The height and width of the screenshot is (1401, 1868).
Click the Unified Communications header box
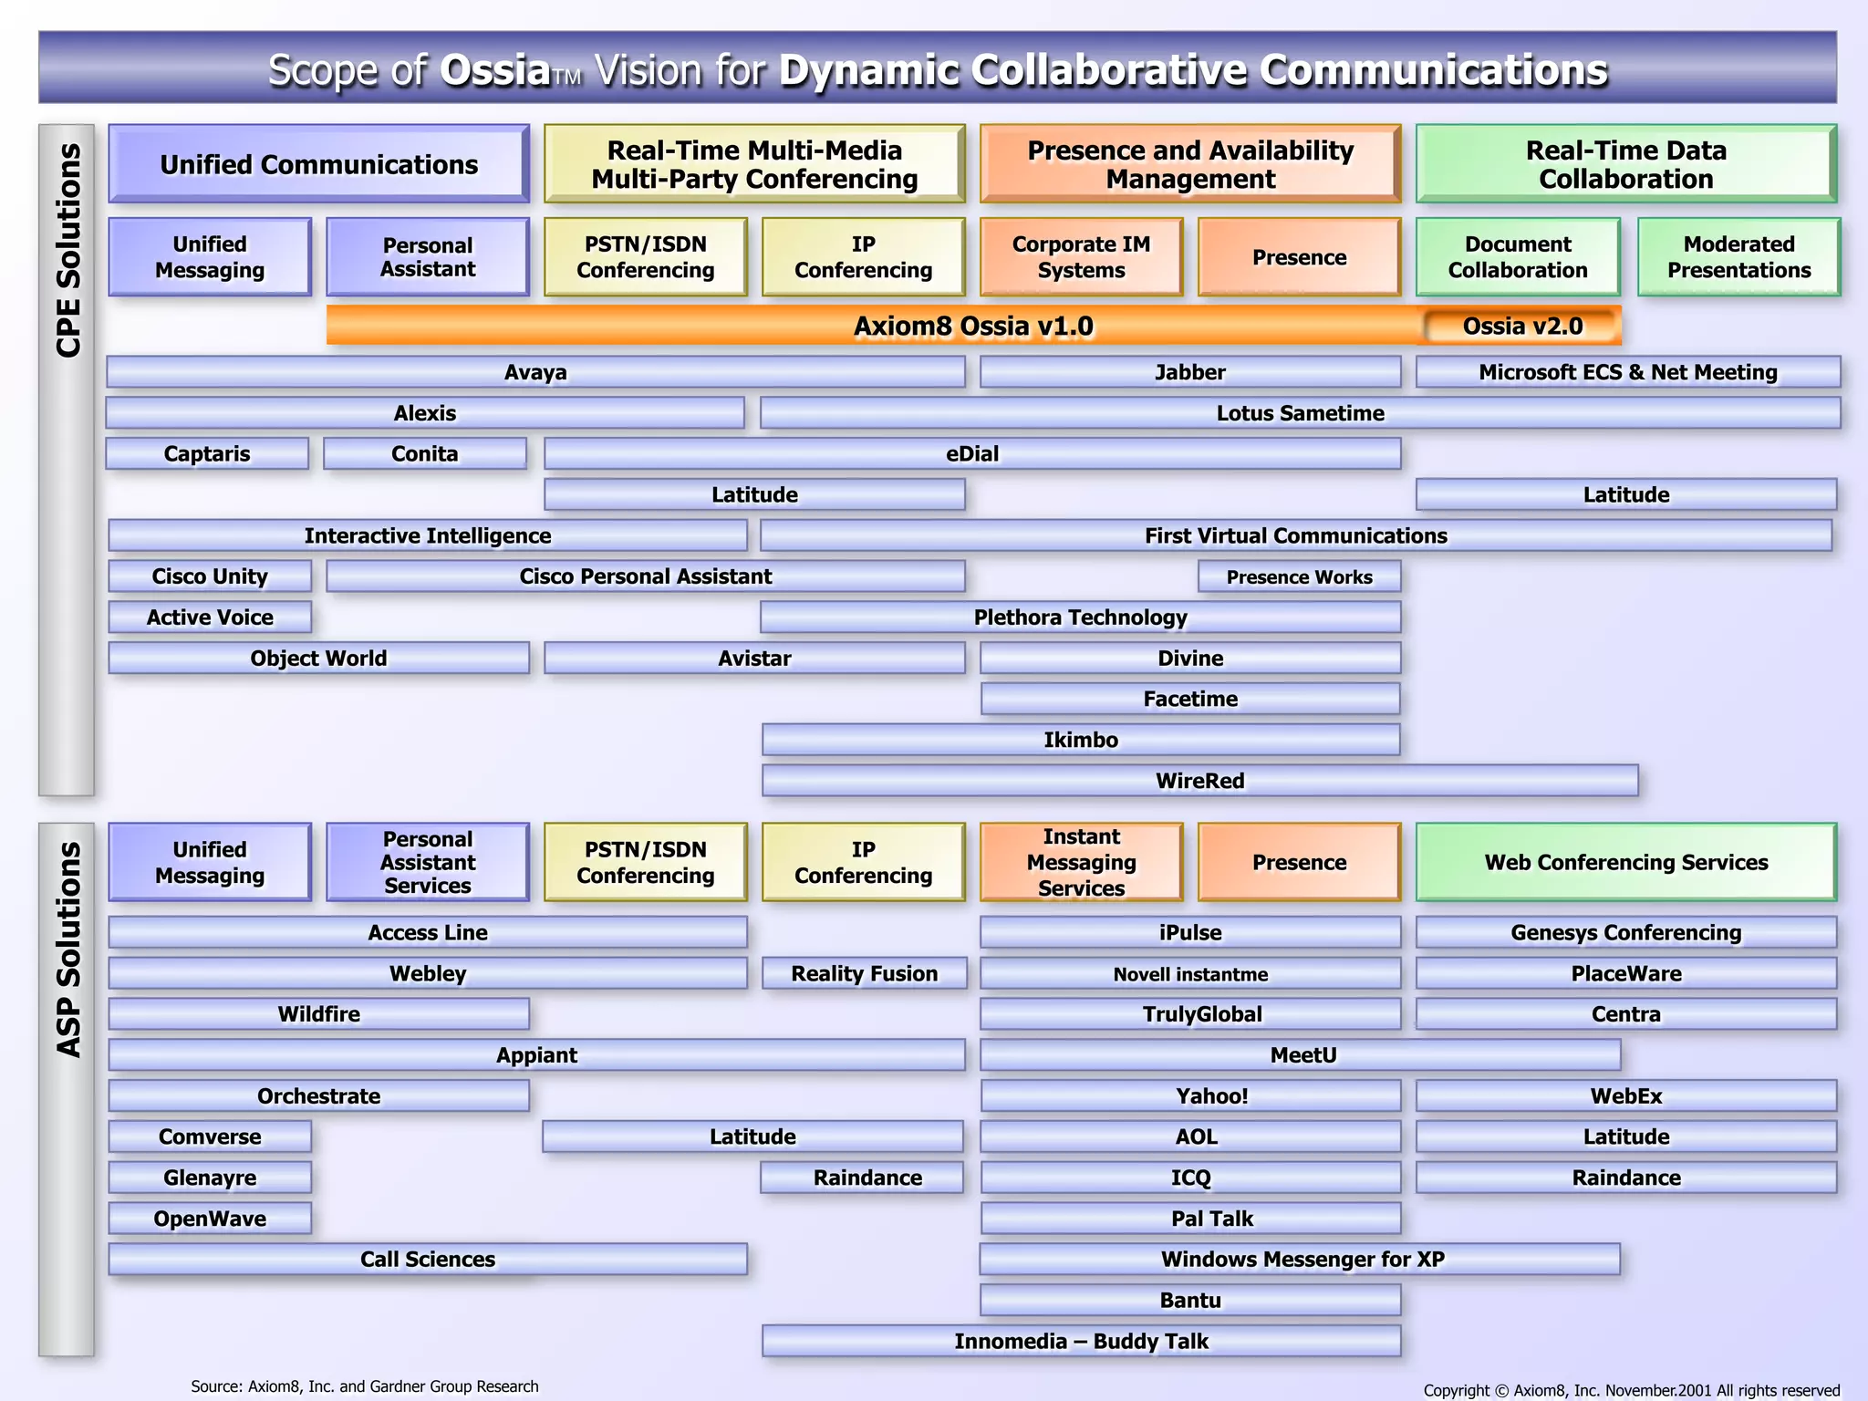[x=318, y=164]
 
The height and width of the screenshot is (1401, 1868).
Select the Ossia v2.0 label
[x=1522, y=326]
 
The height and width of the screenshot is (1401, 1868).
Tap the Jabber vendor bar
[x=1189, y=372]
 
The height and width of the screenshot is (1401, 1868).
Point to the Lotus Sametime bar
[x=1300, y=413]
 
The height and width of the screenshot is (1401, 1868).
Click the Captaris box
[x=207, y=453]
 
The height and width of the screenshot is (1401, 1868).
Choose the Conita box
[x=425, y=453]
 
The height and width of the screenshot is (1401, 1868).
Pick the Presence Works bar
[x=1299, y=576]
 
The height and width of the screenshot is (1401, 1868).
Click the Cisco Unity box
[x=210, y=576]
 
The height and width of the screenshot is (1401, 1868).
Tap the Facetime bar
[x=1190, y=699]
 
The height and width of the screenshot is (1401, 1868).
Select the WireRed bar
[x=1199, y=781]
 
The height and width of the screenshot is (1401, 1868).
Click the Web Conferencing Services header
[x=1625, y=862]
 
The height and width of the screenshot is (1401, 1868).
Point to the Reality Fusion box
[x=864, y=973]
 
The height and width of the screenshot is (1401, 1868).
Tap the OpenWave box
[x=210, y=1219]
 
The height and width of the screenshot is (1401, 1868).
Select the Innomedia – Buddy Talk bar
[x=1081, y=1341]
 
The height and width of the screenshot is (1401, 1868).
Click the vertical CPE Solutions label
[x=67, y=251]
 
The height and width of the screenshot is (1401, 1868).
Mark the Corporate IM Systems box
[x=1081, y=257]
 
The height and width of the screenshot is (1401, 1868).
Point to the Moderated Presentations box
[x=1738, y=257]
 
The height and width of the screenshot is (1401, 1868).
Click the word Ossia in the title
[x=494, y=70]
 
